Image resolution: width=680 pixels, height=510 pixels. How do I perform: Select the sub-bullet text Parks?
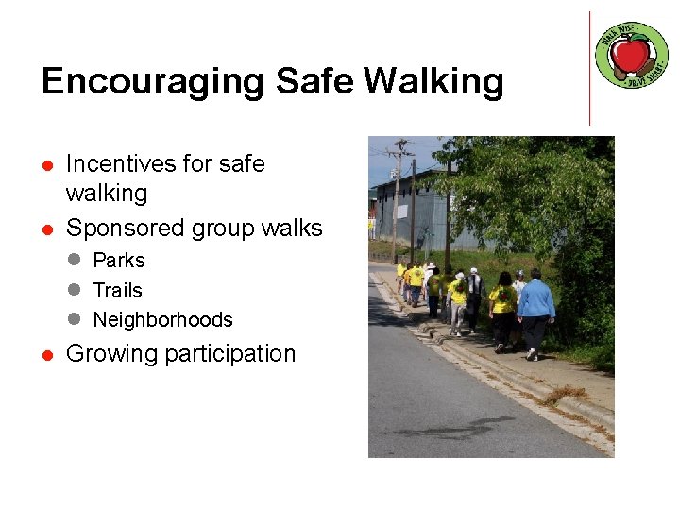tap(119, 261)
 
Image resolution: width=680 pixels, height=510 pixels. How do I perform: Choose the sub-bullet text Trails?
tap(117, 291)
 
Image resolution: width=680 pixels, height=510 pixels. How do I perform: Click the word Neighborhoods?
tap(162, 320)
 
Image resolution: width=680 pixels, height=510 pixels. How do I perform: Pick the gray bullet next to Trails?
tap(75, 291)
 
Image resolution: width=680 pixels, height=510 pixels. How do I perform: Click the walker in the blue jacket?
tap(535, 302)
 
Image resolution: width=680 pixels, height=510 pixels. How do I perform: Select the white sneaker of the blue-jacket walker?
tap(533, 355)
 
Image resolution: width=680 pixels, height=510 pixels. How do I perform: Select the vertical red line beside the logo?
tap(589, 68)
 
